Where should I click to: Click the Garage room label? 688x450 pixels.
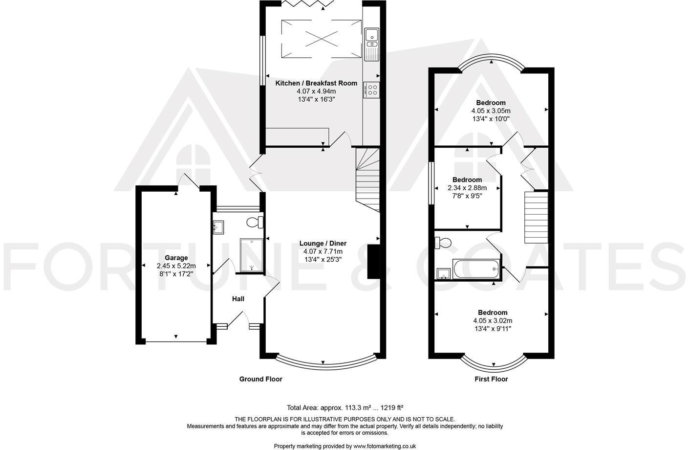(x=176, y=258)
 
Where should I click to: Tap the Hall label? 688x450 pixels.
(x=238, y=299)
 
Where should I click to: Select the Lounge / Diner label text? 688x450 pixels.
(x=323, y=243)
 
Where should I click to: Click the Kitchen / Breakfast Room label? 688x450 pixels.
(x=316, y=83)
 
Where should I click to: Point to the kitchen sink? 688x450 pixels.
(x=371, y=35)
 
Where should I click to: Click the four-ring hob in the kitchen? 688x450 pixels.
(x=372, y=90)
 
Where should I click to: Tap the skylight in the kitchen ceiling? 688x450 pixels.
(x=321, y=39)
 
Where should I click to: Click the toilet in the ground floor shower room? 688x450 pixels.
(x=255, y=223)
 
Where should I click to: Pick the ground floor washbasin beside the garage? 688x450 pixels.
(x=218, y=226)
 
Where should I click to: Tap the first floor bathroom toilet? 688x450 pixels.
(x=443, y=243)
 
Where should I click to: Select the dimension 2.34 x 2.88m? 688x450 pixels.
(x=467, y=188)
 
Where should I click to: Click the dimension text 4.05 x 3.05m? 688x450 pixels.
(x=491, y=111)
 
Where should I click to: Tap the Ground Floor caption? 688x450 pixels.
(x=260, y=379)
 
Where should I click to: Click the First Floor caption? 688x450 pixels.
(x=491, y=379)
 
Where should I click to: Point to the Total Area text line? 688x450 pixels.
(x=344, y=407)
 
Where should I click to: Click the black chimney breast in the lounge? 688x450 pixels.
(x=373, y=262)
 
